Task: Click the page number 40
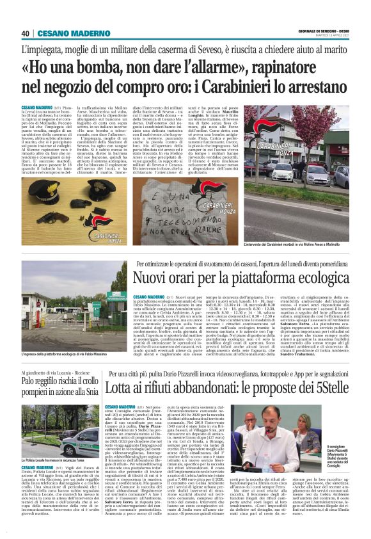25,33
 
